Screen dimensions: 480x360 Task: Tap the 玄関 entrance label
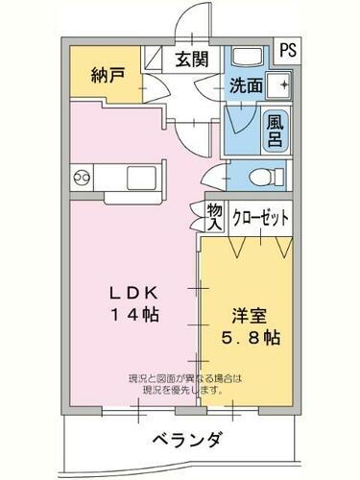pos(190,59)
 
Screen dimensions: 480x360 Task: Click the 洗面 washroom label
pos(246,84)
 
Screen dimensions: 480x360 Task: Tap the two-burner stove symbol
pos(81,177)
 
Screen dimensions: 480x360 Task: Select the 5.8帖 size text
pos(252,338)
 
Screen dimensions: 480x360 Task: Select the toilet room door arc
pos(223,177)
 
